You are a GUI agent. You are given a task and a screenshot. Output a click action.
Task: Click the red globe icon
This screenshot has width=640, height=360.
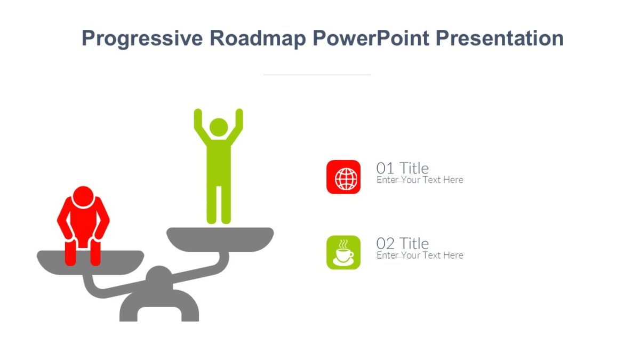click(x=343, y=177)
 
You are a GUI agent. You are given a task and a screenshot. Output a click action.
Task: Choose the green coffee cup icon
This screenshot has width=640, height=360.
click(x=343, y=252)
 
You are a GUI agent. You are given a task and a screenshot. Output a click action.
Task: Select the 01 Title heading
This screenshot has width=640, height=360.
click(x=402, y=168)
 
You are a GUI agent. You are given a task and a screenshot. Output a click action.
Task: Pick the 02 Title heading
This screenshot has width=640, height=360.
click(x=402, y=243)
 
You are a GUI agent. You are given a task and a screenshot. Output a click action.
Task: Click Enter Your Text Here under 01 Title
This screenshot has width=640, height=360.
click(x=420, y=180)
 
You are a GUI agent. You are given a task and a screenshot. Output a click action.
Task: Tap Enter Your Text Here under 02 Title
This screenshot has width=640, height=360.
click(x=420, y=255)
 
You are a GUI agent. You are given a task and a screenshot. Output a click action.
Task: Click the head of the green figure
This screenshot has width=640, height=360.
click(x=219, y=127)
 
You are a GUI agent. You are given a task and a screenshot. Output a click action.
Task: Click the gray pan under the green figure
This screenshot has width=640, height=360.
click(x=220, y=238)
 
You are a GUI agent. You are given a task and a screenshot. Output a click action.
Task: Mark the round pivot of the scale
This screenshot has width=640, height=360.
click(x=159, y=277)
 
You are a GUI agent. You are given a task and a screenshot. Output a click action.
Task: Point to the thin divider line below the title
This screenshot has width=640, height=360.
click(x=317, y=75)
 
